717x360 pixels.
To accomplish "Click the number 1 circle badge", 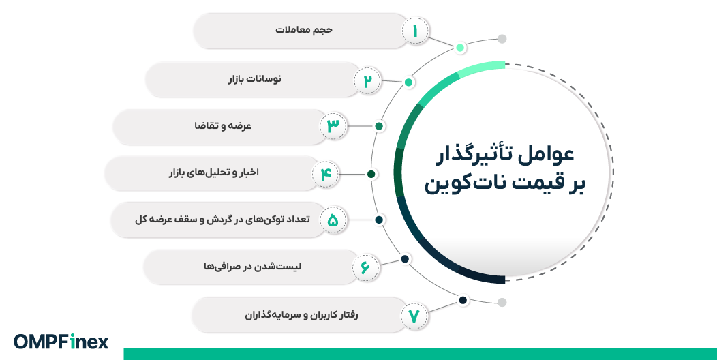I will click(x=415, y=31).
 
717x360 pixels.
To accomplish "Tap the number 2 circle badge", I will click(x=367, y=80).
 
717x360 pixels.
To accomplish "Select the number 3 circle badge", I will click(x=333, y=126).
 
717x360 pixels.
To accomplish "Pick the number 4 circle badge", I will click(x=326, y=174).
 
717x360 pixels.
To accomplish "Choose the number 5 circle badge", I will click(x=333, y=220).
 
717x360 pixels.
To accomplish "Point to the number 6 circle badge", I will click(x=365, y=267).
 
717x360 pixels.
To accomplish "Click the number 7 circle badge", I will click(x=414, y=316).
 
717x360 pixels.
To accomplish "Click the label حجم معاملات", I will click(x=303, y=31).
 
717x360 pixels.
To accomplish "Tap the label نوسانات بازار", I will click(x=254, y=80).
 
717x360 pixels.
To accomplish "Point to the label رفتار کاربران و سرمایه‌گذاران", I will click(x=301, y=316).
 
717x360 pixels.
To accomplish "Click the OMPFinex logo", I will click(x=61, y=342).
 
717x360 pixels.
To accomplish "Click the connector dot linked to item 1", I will click(x=461, y=48).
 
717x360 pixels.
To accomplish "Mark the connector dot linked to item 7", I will click(x=463, y=300).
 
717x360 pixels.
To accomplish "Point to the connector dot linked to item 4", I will click(x=371, y=174).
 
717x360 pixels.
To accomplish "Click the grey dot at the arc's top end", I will click(x=502, y=39).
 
